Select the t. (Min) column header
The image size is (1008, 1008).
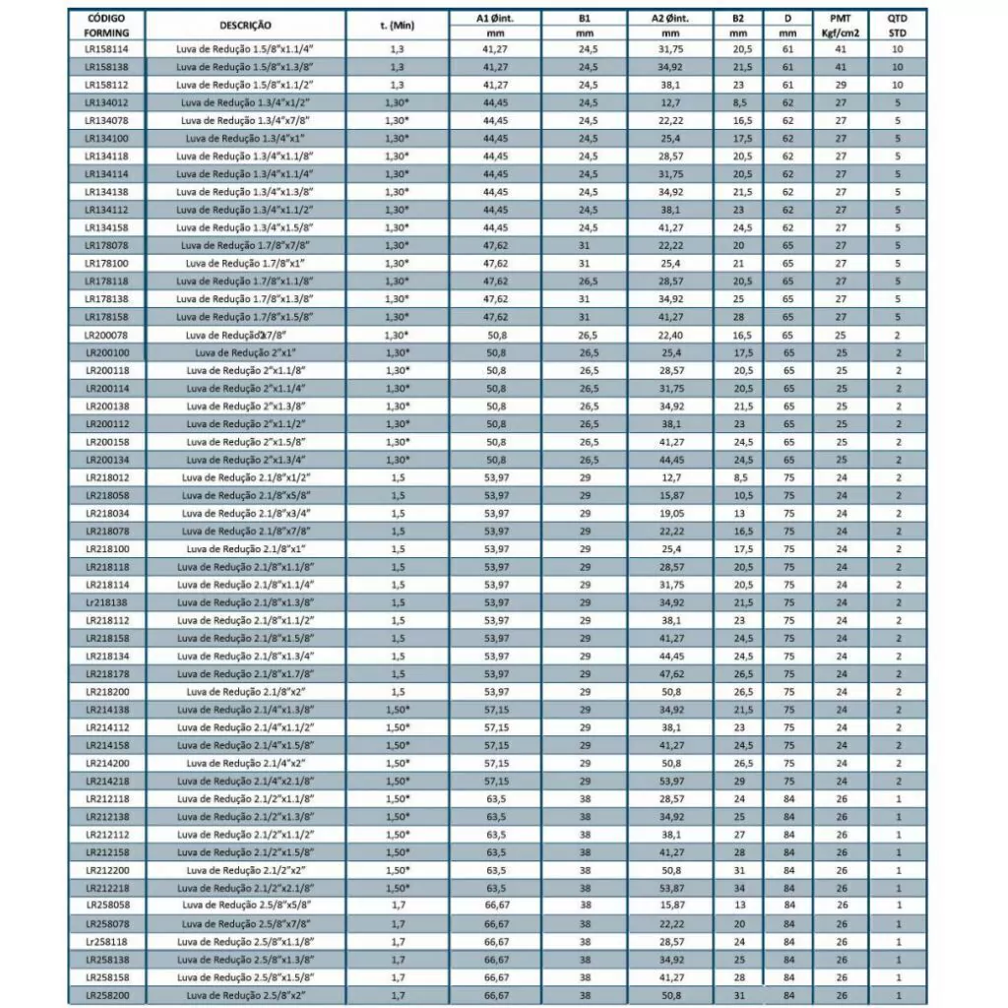[397, 25]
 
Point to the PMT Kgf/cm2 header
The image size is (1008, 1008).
[841, 25]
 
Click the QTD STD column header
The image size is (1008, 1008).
[898, 25]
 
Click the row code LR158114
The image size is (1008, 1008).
[106, 48]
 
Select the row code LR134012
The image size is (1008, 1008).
[106, 101]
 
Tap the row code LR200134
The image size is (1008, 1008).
[106, 460]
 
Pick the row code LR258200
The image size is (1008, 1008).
[106, 996]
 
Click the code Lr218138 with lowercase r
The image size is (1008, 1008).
[106, 602]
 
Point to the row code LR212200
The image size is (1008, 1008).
[106, 870]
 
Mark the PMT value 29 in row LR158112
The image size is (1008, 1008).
[841, 84]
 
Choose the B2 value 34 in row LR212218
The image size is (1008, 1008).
[740, 888]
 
